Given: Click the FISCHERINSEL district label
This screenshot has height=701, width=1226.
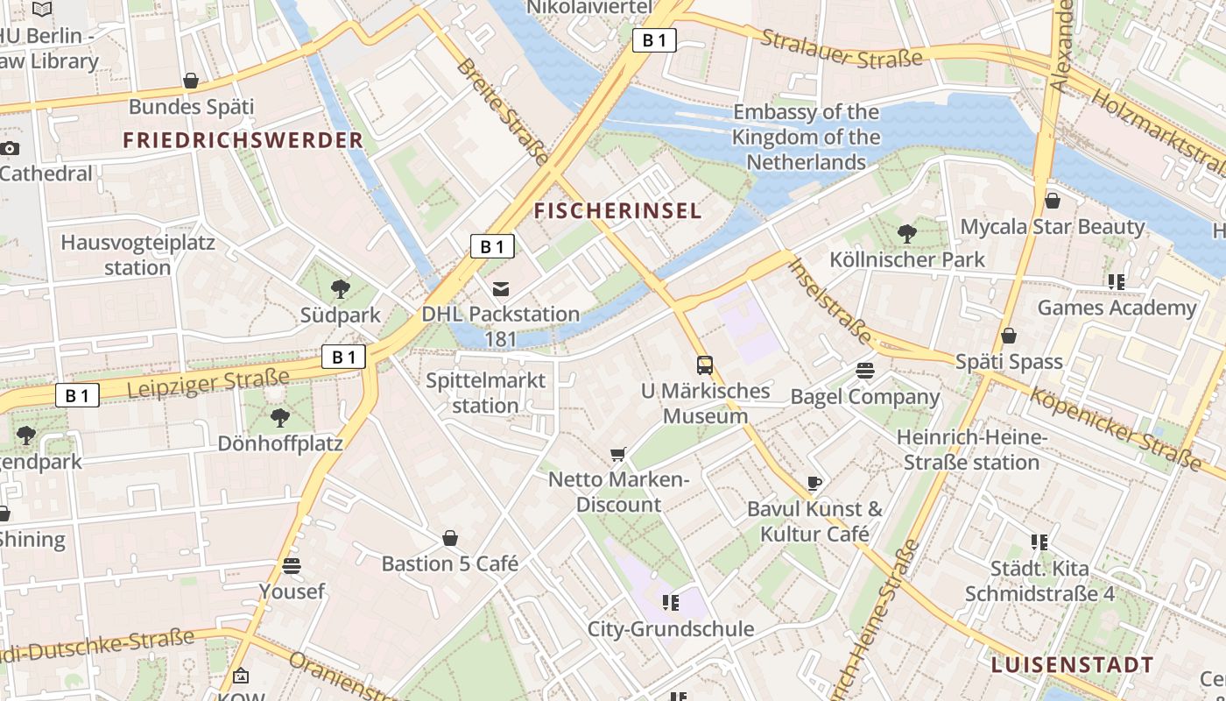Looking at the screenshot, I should click(618, 211).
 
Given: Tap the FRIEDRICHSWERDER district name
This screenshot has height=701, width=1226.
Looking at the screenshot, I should click(243, 140).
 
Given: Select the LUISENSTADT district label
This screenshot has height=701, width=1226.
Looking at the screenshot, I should click(1073, 665).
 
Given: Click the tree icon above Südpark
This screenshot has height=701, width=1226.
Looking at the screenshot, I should click(341, 288).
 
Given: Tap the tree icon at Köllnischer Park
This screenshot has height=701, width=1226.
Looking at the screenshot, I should click(907, 233).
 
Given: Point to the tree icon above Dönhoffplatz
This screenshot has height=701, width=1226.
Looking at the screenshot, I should click(280, 417).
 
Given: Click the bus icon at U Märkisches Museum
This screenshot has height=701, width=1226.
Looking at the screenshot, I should click(705, 365).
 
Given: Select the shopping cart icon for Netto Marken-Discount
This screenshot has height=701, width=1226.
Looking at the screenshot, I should click(618, 454).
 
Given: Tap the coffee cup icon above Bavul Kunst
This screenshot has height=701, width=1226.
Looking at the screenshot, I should click(814, 483).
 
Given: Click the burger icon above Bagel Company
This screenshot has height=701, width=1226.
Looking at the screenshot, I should click(865, 371).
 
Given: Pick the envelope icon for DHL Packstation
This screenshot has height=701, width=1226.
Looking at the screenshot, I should click(501, 288).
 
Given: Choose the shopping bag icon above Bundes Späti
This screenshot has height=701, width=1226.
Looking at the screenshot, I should click(191, 81).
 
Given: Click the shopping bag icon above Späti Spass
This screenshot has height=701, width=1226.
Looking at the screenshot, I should click(1009, 336).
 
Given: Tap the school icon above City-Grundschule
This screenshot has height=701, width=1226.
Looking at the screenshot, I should click(671, 603).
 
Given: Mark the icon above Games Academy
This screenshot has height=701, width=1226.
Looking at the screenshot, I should click(1116, 282).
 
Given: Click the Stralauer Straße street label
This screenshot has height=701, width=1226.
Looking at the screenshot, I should click(842, 48).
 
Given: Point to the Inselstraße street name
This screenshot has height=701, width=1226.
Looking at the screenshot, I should click(831, 301).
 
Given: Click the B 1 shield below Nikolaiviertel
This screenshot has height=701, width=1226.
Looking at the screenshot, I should click(655, 40).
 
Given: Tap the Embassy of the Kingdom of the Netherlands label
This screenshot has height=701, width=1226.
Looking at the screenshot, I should click(806, 138).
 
